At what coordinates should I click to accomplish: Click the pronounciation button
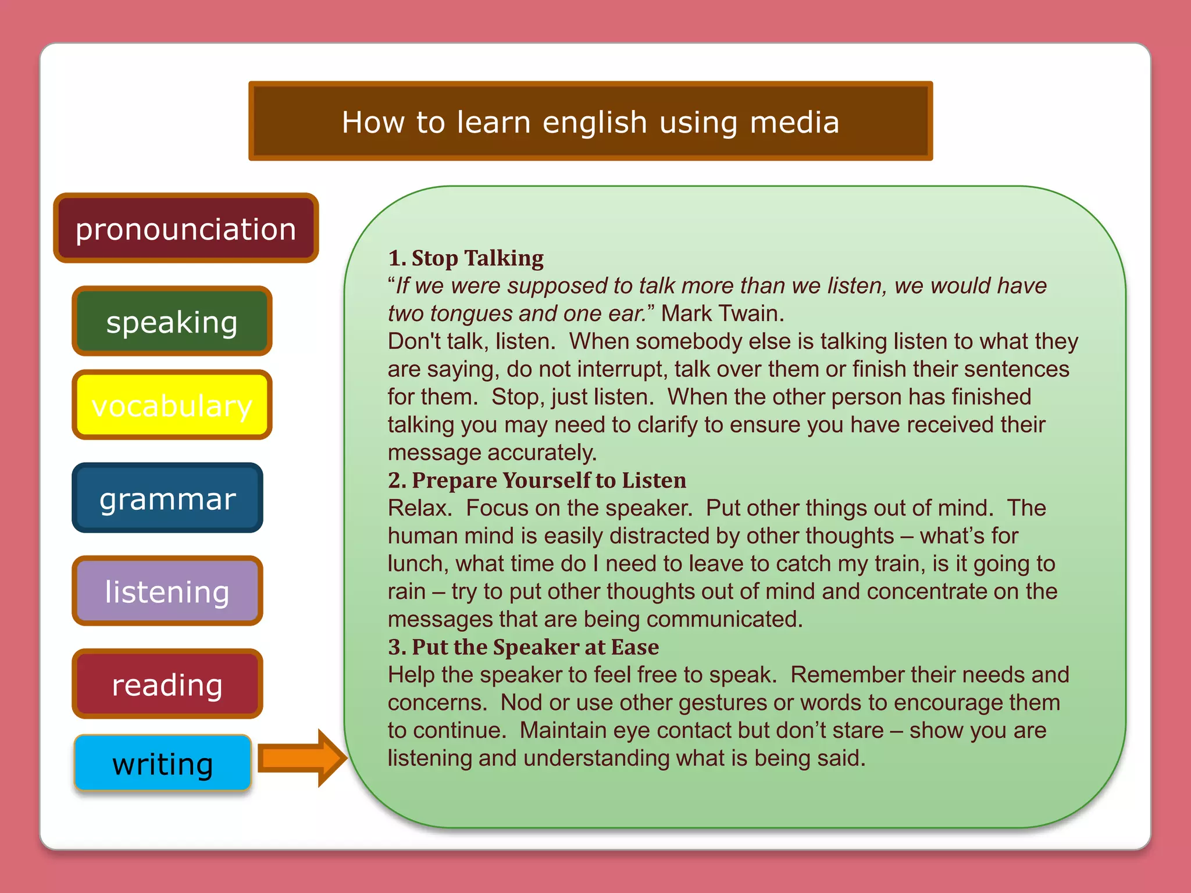tap(186, 228)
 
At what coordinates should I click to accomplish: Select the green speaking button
tap(172, 322)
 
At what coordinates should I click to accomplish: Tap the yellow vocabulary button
tap(172, 405)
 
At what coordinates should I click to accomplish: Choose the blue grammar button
tap(167, 498)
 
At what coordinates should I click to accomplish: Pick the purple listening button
tap(167, 591)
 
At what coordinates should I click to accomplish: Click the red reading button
tap(167, 684)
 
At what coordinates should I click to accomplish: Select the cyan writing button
tap(163, 763)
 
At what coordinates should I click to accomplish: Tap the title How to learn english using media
tap(590, 122)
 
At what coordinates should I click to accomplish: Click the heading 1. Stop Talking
tap(466, 258)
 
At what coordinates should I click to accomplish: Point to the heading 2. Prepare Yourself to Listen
tap(537, 480)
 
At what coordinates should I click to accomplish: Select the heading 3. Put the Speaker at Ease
tap(523, 647)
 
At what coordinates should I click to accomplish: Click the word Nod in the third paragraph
tap(522, 703)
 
